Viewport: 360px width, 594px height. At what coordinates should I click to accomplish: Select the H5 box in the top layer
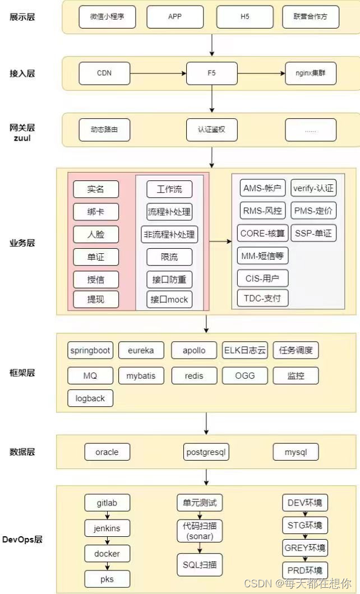(x=244, y=17)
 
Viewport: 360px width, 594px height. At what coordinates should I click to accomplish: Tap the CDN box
(x=104, y=73)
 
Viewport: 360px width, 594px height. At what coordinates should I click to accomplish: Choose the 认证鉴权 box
(x=211, y=129)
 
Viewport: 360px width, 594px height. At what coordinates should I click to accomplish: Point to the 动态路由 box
(x=104, y=129)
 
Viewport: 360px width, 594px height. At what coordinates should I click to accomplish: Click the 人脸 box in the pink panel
(x=96, y=234)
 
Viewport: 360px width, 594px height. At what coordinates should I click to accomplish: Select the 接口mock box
(x=169, y=299)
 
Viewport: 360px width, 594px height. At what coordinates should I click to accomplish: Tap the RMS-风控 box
(x=262, y=210)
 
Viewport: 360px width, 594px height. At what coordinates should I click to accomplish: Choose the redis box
(x=194, y=375)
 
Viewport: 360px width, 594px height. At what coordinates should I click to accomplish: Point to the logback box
(x=90, y=398)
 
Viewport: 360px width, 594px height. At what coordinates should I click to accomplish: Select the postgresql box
(x=207, y=451)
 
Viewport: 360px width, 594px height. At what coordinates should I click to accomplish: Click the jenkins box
(x=107, y=527)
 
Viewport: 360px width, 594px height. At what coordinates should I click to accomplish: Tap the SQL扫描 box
(x=199, y=564)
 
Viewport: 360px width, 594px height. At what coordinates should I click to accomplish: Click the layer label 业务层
(x=22, y=243)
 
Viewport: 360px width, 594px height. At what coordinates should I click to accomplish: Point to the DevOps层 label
(x=23, y=540)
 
